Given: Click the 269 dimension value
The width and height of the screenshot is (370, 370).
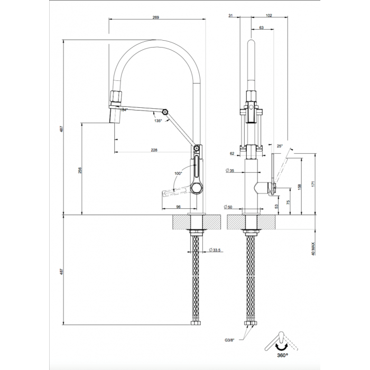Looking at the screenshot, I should tap(156, 17).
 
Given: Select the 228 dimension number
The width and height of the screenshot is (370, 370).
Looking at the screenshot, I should tap(154, 150).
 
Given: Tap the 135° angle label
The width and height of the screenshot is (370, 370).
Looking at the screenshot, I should tap(158, 121).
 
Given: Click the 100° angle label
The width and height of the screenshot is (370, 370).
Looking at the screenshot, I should tap(178, 173).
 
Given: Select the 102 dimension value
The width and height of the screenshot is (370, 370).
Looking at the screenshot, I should tap(269, 16).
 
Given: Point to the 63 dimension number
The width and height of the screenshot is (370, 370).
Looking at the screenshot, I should tap(262, 28).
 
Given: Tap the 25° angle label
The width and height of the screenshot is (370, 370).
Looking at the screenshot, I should tap(280, 146).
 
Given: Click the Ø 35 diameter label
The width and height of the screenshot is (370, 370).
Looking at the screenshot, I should tap(230, 170).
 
